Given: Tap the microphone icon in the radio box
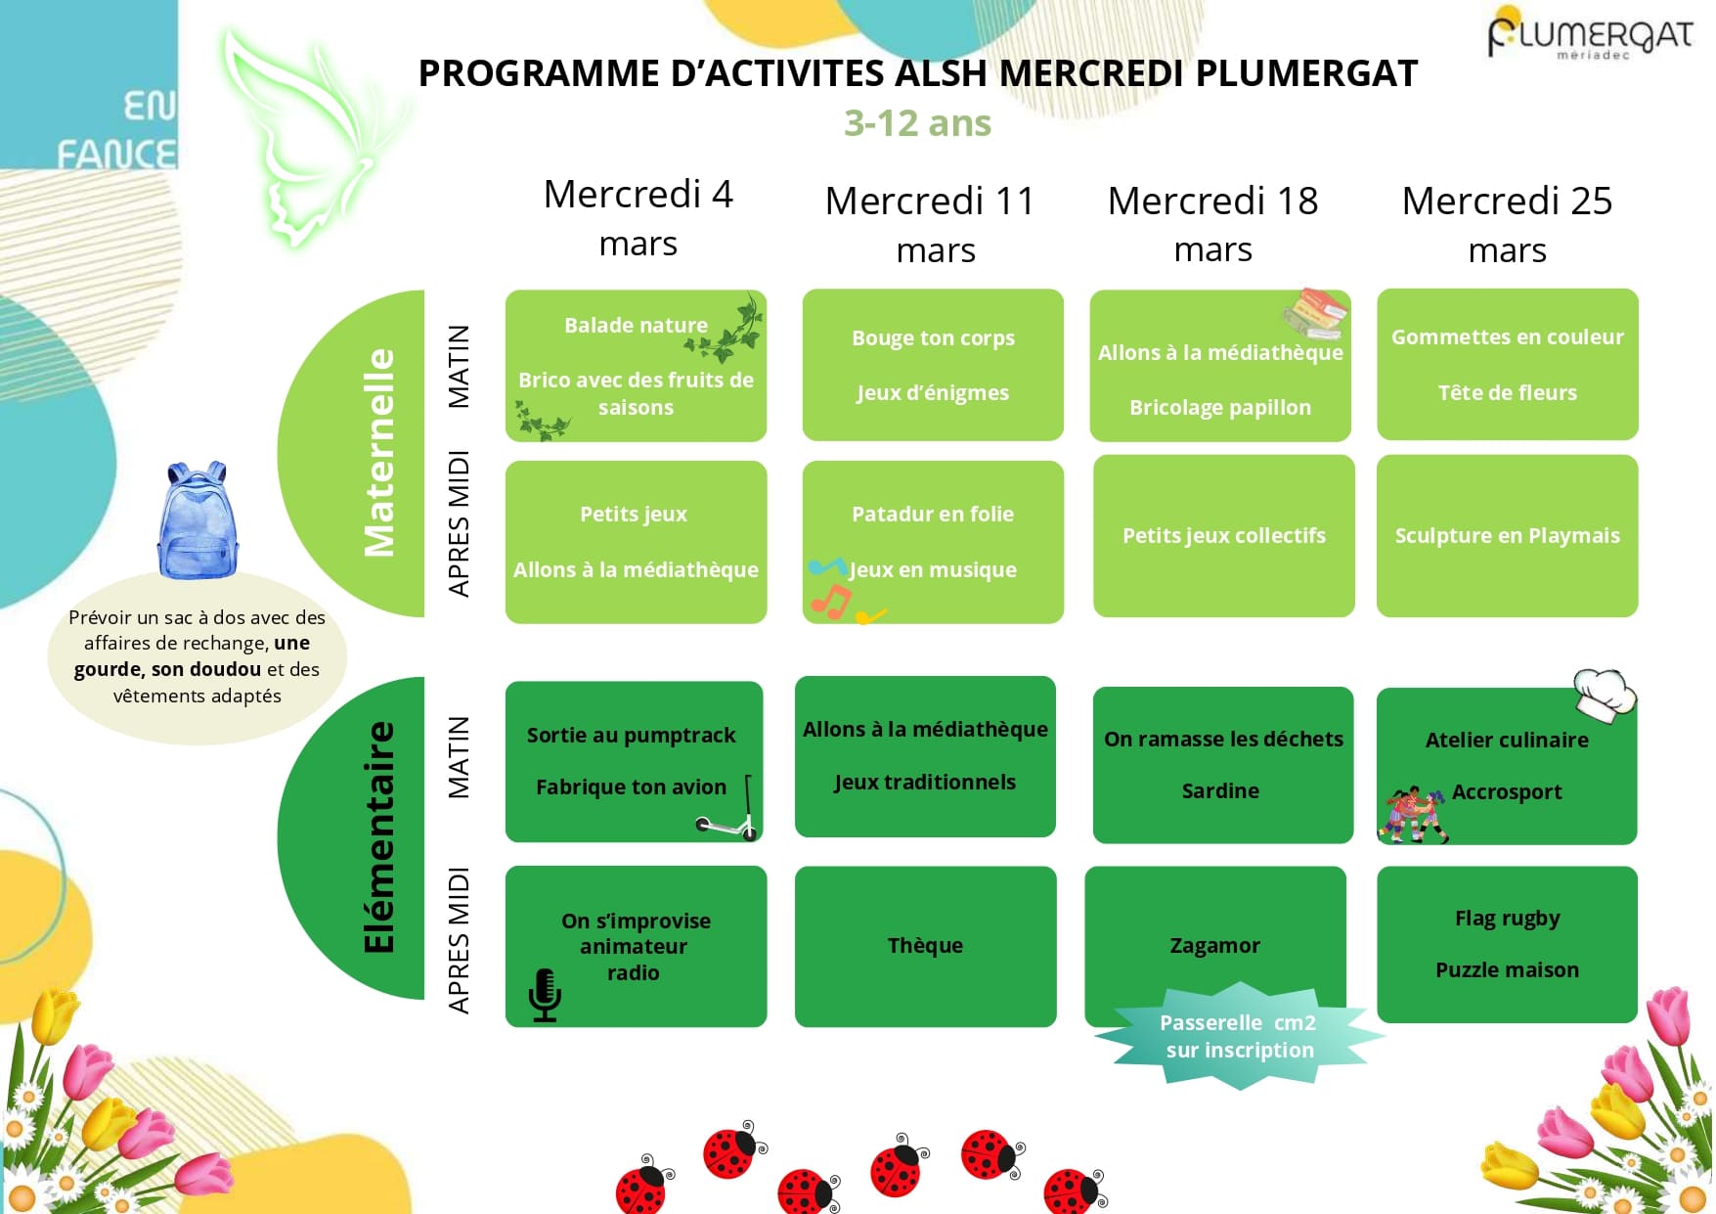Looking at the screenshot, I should [x=545, y=995].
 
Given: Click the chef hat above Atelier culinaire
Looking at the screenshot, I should [x=1604, y=694].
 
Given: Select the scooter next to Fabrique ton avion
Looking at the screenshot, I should [x=728, y=816].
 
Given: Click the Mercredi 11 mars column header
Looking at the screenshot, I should [x=931, y=225].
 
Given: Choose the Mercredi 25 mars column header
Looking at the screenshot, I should [x=1507, y=225].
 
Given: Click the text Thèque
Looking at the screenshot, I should [x=925, y=945].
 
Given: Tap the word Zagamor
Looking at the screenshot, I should [x=1214, y=945].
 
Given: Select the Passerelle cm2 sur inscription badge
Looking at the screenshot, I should [x=1239, y=1037].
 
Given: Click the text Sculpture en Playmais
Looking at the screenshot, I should [x=1507, y=535].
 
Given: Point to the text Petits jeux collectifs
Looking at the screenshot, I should [x=1223, y=535].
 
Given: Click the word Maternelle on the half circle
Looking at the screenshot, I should [x=379, y=453].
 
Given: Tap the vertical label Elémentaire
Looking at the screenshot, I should [x=379, y=837].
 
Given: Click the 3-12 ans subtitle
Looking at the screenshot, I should [x=917, y=123].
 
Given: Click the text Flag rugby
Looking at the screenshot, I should [x=1507, y=918].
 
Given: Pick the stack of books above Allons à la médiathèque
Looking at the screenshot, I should [x=1315, y=312].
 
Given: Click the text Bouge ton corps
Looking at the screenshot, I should [x=933, y=337].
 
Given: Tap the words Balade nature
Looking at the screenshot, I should [x=636, y=325].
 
